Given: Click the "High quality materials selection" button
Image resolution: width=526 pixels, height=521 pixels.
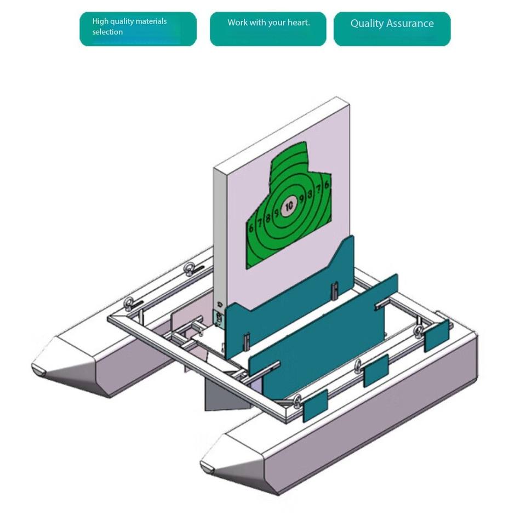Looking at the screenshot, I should [x=138, y=29].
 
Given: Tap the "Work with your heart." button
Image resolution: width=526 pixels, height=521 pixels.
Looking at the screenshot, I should [x=268, y=29].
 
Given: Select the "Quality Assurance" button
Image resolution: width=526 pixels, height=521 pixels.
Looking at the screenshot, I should [x=392, y=29].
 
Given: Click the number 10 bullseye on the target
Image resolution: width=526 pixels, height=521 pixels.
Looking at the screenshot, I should [x=289, y=205].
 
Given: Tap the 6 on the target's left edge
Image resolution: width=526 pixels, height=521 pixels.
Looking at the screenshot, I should [x=251, y=227].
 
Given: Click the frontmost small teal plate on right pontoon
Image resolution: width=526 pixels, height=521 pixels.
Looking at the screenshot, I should [x=315, y=406].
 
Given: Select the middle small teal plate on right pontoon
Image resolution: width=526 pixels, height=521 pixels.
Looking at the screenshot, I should [x=376, y=370].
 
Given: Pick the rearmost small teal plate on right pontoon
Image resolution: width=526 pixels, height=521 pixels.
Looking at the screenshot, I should [x=437, y=335].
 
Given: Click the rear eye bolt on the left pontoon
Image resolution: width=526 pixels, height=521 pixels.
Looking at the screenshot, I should [x=192, y=268].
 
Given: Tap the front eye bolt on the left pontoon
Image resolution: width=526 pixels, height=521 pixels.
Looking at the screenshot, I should [x=129, y=303].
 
